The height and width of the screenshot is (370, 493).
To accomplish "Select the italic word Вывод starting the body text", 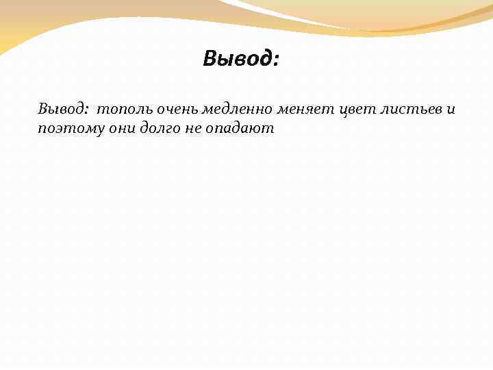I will click(62, 109).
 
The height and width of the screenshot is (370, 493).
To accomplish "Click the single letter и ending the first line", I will click(450, 110).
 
